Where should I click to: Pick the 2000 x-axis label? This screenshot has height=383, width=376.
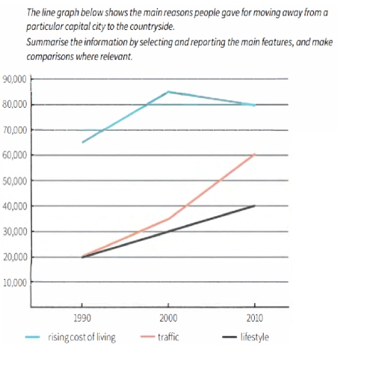[168, 317]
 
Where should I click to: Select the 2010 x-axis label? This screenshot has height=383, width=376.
[255, 317]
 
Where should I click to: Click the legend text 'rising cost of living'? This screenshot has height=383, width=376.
[81, 337]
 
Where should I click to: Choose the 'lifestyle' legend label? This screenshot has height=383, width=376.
[254, 337]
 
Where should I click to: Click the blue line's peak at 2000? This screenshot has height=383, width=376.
[168, 91]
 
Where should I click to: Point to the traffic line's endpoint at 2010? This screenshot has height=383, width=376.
[255, 155]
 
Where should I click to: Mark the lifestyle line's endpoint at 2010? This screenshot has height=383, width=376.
[255, 206]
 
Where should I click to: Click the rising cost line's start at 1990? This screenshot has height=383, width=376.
[82, 142]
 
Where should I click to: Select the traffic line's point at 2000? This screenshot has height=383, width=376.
[168, 219]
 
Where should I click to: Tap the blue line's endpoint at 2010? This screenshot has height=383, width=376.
[255, 105]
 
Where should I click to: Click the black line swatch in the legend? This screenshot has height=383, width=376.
[231, 337]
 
